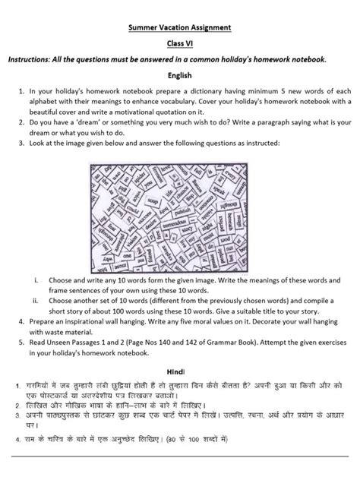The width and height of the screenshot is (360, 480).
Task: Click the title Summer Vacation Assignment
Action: [179, 28]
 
